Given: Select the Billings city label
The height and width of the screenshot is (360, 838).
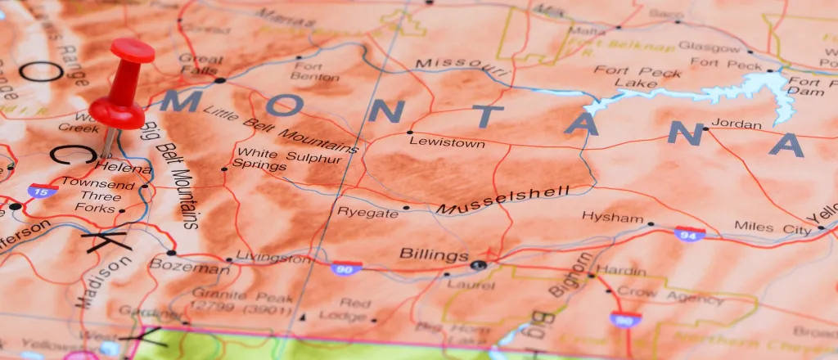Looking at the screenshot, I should pos(434,255).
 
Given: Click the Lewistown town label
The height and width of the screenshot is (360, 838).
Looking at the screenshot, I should pos(447,143).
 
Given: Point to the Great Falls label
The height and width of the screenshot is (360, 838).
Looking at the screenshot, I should pos(200,65).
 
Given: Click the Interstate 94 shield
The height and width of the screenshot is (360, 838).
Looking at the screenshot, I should pos(690,234).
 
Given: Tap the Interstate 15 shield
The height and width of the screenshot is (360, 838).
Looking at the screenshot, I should pos(42,191).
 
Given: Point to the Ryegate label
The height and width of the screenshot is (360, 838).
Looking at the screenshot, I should pos(367,211).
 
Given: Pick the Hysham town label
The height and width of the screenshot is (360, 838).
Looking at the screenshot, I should pos(612,217).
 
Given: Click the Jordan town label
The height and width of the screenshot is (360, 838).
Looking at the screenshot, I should pos(736,124).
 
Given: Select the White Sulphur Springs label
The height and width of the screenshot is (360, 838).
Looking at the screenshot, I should pos(259,159).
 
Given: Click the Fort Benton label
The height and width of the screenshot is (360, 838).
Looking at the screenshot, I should pos(316,71).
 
